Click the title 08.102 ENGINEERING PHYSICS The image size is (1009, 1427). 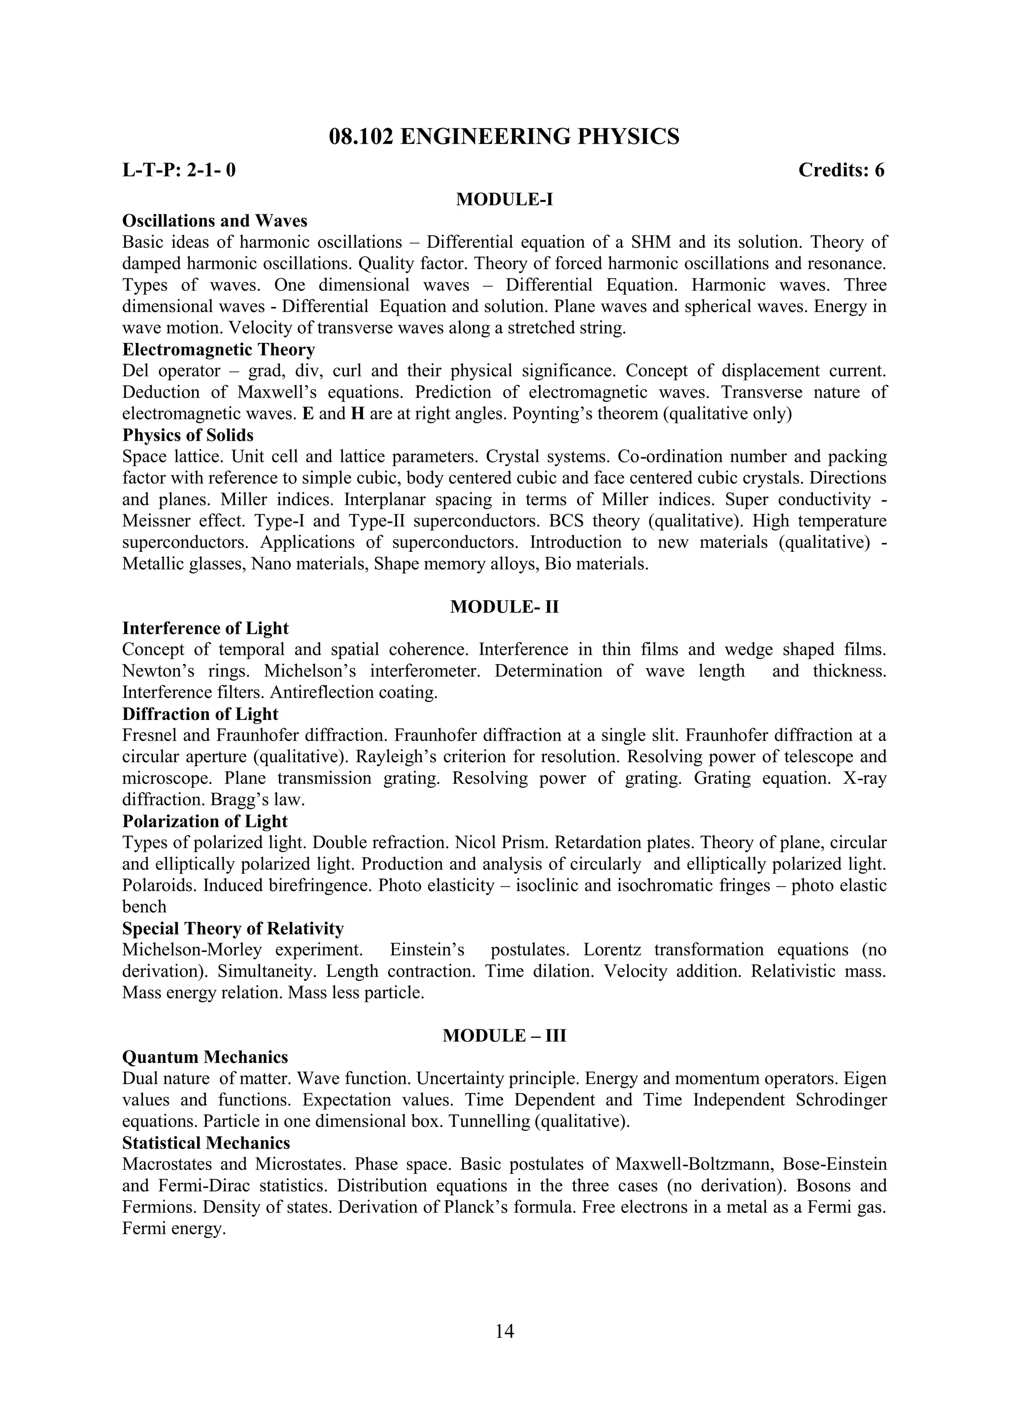click(x=504, y=136)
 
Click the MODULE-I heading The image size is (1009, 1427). click(x=504, y=200)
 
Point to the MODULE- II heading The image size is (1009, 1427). click(x=504, y=607)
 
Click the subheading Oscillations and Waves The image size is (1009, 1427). click(x=214, y=221)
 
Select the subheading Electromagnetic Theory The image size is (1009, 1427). click(x=218, y=349)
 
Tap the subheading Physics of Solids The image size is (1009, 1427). click(x=188, y=435)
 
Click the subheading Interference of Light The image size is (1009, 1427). click(x=205, y=628)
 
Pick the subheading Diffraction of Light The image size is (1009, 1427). click(x=200, y=714)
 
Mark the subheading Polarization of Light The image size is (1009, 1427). click(x=204, y=821)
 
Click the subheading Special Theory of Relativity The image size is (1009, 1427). click(x=233, y=928)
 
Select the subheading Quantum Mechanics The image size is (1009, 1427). click(x=205, y=1057)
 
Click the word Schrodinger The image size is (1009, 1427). click(x=841, y=1100)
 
